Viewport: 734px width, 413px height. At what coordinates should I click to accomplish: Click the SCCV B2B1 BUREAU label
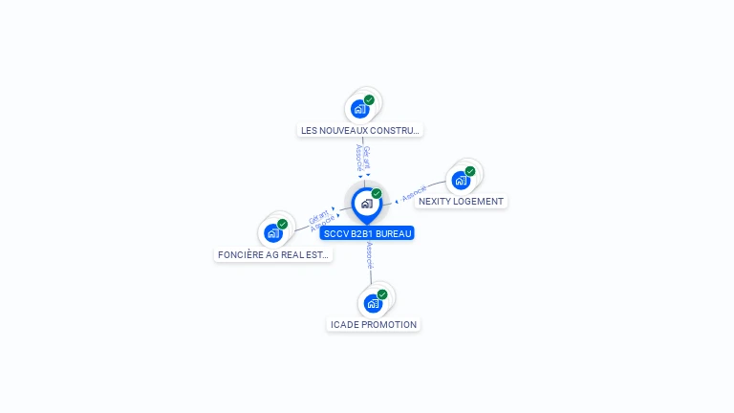(368, 233)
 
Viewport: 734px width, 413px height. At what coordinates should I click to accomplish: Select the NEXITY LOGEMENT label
(461, 202)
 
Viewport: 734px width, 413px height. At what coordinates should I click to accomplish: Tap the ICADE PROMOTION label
(374, 325)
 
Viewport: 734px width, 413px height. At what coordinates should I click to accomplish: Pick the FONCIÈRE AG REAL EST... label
(273, 255)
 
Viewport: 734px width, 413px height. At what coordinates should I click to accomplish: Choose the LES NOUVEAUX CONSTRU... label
(360, 130)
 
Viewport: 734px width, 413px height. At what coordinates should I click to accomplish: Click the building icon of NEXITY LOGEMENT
(461, 180)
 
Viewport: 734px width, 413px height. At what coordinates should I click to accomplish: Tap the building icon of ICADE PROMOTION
(373, 303)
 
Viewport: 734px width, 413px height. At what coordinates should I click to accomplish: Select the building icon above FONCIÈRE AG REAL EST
(273, 232)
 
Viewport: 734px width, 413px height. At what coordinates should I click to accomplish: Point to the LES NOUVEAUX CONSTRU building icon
(359, 108)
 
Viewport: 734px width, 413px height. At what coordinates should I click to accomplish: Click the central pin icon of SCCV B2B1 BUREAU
(366, 203)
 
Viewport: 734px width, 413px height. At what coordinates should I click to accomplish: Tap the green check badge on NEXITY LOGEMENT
(470, 171)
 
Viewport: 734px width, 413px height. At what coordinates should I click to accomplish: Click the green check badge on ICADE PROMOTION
(382, 294)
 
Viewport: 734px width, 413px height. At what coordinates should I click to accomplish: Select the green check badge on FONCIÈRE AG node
(283, 224)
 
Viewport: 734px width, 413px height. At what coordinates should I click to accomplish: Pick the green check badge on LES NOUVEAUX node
(369, 99)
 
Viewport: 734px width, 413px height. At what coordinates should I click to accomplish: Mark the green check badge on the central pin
(377, 193)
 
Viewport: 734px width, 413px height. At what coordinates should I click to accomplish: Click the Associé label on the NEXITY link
(415, 194)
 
